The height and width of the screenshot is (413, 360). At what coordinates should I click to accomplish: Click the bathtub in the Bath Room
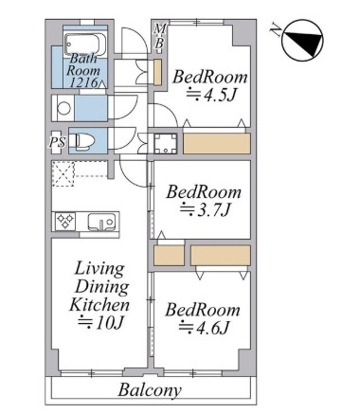click(86, 44)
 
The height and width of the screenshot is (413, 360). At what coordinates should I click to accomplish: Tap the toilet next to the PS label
click(81, 140)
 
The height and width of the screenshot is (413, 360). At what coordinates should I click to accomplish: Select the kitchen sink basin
click(100, 222)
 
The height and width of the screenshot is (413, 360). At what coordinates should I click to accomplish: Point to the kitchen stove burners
click(65, 221)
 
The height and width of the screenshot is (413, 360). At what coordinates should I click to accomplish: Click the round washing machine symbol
click(64, 108)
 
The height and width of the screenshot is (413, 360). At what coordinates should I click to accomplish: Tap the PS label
click(57, 142)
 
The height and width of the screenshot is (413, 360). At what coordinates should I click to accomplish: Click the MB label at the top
click(160, 36)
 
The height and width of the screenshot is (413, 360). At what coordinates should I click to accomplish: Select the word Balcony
click(150, 390)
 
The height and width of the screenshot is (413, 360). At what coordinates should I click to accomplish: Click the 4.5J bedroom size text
click(211, 94)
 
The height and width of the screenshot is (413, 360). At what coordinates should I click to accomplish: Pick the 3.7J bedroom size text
click(205, 209)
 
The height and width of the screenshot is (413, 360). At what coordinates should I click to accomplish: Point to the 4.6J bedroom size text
click(204, 327)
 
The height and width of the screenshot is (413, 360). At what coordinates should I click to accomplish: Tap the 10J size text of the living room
click(100, 322)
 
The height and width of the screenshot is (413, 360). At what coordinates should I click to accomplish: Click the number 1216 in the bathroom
click(83, 82)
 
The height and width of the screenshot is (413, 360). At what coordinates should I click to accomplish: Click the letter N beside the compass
click(276, 29)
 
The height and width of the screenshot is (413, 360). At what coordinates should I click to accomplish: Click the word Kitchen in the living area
click(99, 304)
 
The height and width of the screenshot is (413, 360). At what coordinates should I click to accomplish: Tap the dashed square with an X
click(63, 174)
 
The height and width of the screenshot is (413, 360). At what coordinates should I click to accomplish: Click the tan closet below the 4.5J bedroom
click(217, 144)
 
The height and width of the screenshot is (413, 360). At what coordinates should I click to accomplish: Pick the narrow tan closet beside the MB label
click(157, 72)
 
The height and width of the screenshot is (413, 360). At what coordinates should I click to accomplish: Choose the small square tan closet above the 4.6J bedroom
click(169, 255)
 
